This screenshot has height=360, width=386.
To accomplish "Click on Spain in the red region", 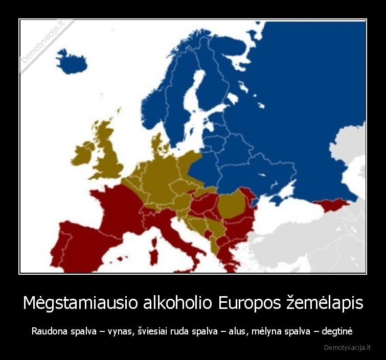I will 82,245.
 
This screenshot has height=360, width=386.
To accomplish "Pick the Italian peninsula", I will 176,235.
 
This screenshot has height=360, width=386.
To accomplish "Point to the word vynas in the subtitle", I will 121,331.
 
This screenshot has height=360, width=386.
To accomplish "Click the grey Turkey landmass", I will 307,225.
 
